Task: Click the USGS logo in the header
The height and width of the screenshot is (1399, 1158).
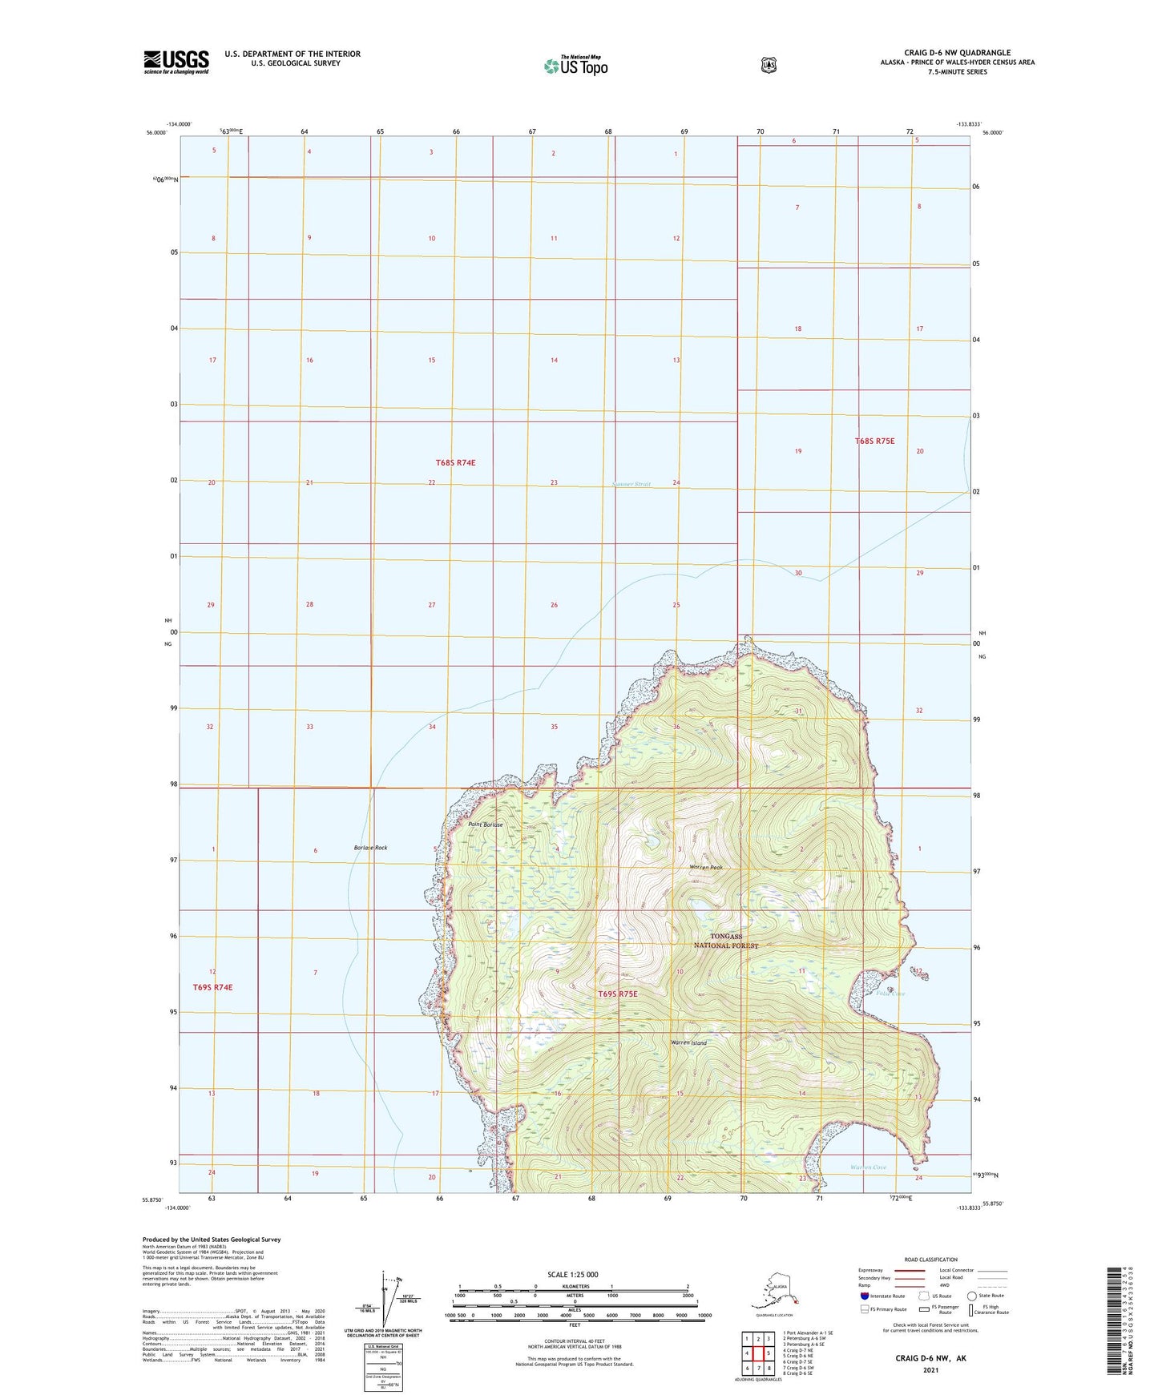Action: [176, 62]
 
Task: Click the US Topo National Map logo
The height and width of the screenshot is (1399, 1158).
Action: [575, 65]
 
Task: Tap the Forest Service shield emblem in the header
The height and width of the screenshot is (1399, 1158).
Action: [769, 65]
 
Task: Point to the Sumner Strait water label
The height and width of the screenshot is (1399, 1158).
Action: [631, 484]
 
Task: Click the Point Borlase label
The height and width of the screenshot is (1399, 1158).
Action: [486, 824]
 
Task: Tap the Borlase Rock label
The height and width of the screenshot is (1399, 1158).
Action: [370, 848]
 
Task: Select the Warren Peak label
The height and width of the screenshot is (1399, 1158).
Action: [706, 867]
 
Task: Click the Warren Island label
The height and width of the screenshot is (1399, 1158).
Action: [688, 1042]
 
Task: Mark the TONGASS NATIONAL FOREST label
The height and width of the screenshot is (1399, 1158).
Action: [725, 941]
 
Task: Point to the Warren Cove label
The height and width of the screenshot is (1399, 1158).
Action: [868, 1167]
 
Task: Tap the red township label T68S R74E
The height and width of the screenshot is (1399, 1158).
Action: [456, 462]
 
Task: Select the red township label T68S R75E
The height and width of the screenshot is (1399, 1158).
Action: [874, 441]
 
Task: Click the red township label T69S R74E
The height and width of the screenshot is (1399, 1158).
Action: [212, 987]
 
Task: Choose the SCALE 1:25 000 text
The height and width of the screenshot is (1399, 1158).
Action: [573, 1274]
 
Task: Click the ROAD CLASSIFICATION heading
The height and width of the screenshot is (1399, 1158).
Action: [930, 1260]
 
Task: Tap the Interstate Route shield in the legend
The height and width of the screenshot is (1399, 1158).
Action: [863, 1295]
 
